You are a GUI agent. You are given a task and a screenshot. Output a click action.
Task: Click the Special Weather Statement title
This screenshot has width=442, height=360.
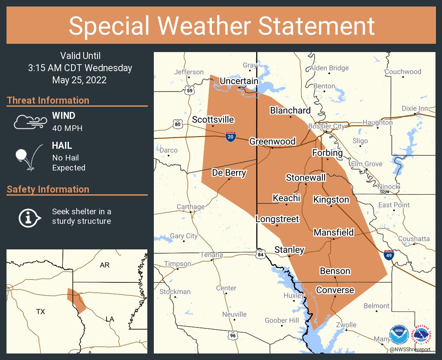tap(221, 26)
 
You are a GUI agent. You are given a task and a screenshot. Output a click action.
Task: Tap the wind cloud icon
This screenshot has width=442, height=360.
tap(29, 122)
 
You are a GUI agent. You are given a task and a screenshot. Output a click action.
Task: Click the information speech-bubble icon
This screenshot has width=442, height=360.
tap(29, 217)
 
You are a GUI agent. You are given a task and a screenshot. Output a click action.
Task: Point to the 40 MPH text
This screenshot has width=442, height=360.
tap(67, 128)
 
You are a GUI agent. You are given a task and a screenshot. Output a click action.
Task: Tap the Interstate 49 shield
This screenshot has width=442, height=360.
tap(389, 255)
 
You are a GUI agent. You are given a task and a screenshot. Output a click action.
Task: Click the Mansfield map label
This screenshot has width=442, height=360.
tap(333, 232)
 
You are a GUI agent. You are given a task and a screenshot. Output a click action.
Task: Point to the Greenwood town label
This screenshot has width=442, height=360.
tap(272, 141)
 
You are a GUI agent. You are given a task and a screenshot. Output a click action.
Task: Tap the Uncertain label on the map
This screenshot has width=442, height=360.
tap(239, 81)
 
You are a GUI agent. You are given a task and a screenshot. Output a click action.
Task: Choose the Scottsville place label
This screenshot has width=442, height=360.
tap(213, 120)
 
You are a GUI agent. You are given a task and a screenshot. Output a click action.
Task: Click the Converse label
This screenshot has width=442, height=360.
tap(335, 290)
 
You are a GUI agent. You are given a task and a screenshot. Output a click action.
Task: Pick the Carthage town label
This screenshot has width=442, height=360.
tap(190, 207)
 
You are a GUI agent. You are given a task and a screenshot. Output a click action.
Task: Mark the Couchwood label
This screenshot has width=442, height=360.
tap(403, 72)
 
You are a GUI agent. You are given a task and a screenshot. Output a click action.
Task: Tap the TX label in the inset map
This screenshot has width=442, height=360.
tap(40, 311)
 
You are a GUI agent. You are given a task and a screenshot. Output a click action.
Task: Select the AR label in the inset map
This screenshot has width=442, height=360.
tap(105, 265)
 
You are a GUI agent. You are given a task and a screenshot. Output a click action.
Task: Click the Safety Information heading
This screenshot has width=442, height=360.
tap(48, 189)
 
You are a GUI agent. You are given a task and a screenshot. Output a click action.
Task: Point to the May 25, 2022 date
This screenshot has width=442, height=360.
tap(79, 80)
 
